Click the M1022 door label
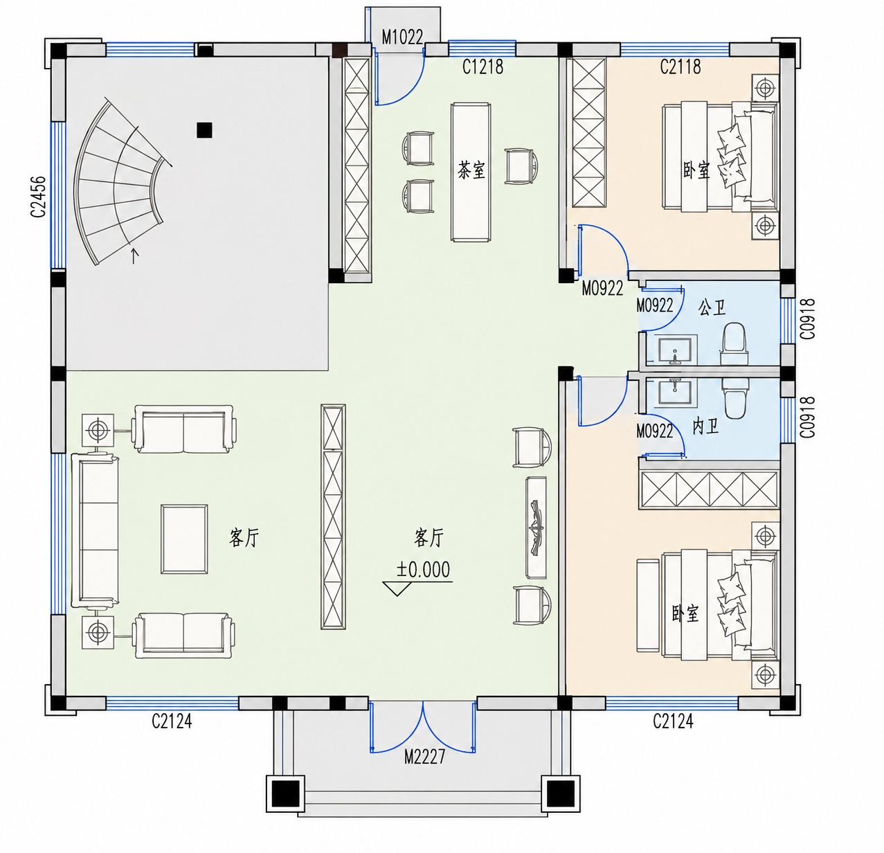402,37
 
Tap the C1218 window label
482,66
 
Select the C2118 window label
680,66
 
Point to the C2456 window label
39,197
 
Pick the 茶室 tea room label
471,170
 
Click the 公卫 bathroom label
712,307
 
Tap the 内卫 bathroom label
705,426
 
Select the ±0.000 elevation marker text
424,569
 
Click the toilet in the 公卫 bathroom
734,343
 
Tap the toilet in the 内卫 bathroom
735,398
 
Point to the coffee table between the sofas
184,539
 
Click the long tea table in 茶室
471,172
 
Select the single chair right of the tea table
521,166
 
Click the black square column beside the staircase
204,130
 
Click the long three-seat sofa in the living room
95,530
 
